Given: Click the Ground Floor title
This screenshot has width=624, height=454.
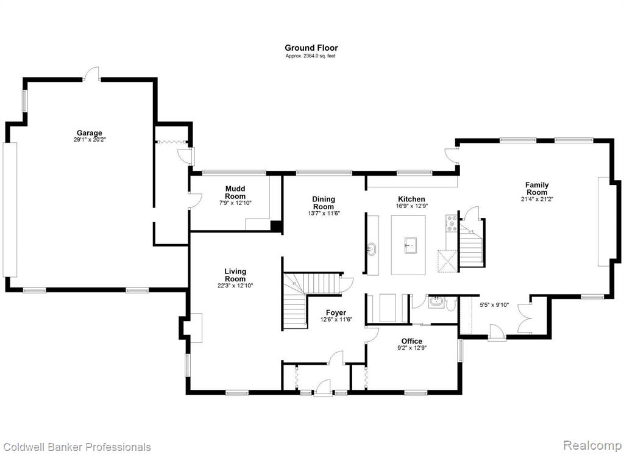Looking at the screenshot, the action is (x=311, y=48).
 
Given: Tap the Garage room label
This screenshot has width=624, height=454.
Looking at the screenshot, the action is (x=90, y=133).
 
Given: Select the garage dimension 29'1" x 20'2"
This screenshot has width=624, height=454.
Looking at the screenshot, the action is (x=90, y=140).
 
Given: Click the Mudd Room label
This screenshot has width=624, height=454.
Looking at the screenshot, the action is (x=235, y=192).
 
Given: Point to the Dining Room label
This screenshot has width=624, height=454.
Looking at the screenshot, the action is (x=324, y=203).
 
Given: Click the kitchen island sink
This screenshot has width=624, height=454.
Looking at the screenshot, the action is (x=411, y=245).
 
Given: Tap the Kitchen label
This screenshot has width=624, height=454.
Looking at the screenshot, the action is (x=411, y=199).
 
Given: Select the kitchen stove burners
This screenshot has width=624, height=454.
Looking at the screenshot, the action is (x=452, y=223).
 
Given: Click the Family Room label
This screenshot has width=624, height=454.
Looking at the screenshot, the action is (x=537, y=189).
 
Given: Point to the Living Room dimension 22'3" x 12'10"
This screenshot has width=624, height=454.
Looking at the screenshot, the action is (x=235, y=286).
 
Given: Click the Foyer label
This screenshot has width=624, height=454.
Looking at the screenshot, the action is (x=336, y=312).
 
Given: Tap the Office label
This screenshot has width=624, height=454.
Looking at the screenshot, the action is (x=412, y=340).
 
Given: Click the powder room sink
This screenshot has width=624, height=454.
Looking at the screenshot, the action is (x=436, y=301).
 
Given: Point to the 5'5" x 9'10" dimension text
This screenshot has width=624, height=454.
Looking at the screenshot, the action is (x=494, y=305).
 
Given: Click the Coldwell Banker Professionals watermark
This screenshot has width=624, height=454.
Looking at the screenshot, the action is (x=76, y=447).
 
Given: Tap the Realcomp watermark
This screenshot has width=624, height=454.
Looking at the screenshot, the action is (x=592, y=445).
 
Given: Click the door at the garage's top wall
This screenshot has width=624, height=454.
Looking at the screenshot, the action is (x=91, y=74).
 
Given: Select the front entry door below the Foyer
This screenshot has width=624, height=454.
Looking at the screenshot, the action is (x=323, y=388).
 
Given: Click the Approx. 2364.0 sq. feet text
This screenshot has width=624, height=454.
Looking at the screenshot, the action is (x=310, y=56).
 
